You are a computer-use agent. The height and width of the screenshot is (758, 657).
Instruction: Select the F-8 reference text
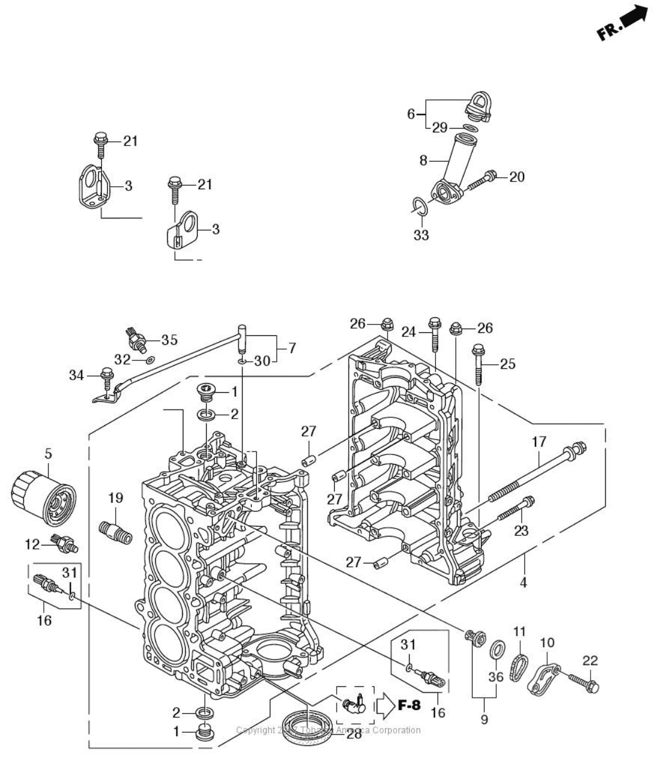pyautogui.click(x=409, y=705)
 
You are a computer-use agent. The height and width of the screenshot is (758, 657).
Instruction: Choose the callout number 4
pyautogui.click(x=523, y=581)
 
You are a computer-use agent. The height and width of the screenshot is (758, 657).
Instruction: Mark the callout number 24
pyautogui.click(x=408, y=331)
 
